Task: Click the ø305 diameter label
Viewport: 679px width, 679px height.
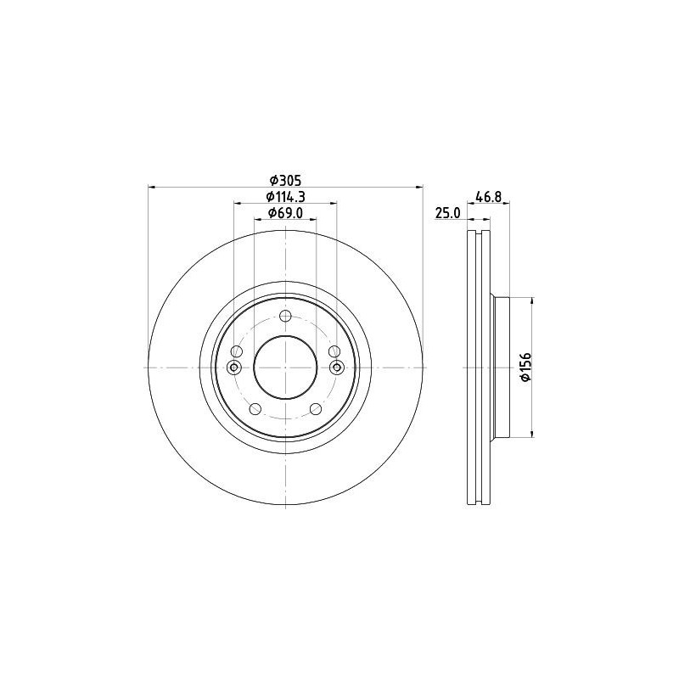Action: click(286, 180)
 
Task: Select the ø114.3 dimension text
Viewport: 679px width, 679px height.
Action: click(286, 197)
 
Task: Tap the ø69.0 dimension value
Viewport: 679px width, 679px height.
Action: click(286, 213)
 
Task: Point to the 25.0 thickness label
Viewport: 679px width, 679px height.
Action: click(447, 213)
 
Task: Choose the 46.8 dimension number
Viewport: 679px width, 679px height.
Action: click(488, 197)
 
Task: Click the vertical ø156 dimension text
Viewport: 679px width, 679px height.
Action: click(525, 367)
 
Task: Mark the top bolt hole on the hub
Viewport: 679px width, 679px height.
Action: click(286, 317)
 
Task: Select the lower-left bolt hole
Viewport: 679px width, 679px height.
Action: click(255, 409)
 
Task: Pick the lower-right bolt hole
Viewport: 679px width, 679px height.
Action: click(317, 409)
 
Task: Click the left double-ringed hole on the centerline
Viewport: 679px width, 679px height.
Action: click(235, 367)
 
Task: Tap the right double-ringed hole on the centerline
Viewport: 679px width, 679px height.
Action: click(337, 367)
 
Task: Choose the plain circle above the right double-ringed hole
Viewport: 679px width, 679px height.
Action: click(334, 351)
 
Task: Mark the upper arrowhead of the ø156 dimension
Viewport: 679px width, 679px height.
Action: click(532, 300)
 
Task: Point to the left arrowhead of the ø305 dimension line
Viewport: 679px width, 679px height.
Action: click(152, 187)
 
